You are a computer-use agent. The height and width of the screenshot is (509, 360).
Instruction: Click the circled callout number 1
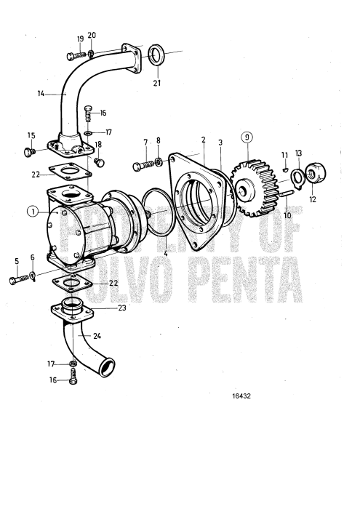tap(31, 212)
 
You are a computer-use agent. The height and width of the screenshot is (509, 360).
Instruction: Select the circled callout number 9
tap(248, 137)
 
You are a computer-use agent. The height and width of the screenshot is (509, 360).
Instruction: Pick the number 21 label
tap(157, 83)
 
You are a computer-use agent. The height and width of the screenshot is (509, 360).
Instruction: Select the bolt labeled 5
tap(20, 280)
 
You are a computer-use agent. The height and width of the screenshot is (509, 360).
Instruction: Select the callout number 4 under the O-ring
tap(165, 252)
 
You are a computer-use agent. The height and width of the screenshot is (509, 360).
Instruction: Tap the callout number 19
tap(79, 38)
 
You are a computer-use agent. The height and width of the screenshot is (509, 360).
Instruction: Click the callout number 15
tap(31, 136)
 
